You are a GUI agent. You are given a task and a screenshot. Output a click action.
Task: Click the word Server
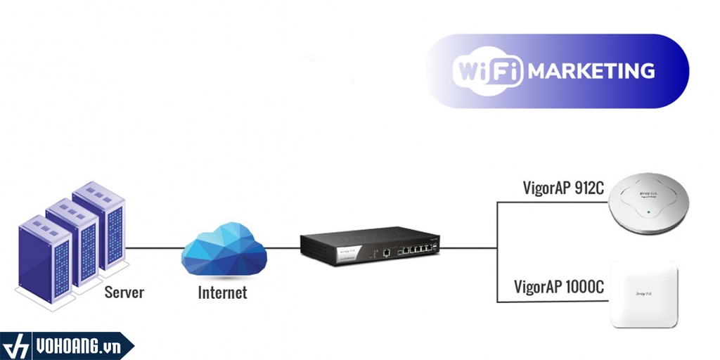pyautogui.click(x=124, y=291)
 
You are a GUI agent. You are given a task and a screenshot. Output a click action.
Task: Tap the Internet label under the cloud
pyautogui.click(x=222, y=292)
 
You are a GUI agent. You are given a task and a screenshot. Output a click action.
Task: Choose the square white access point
pyautogui.click(x=645, y=293)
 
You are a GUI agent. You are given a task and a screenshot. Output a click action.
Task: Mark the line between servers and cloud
pyautogui.click(x=153, y=247)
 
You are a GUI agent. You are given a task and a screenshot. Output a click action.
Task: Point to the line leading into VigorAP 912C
pyautogui.click(x=552, y=202)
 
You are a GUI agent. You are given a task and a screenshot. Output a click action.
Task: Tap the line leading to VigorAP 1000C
pyautogui.click(x=552, y=302)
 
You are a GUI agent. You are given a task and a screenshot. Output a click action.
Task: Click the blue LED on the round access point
pyautogui.click(x=646, y=210)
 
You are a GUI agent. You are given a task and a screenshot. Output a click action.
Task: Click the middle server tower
pyautogui.click(x=72, y=243)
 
